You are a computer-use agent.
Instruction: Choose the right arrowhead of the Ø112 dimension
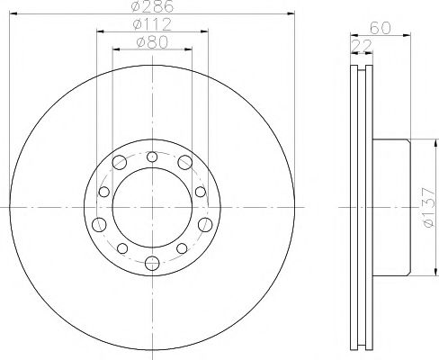click(206, 33)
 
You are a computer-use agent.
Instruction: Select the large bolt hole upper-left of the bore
click(119, 162)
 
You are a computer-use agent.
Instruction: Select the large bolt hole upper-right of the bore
click(184, 162)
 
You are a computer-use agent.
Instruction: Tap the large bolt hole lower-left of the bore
click(96, 222)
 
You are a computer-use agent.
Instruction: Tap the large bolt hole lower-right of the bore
click(206, 222)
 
